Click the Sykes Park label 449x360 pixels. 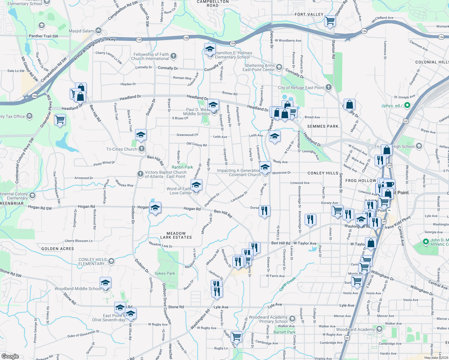pos(164,273)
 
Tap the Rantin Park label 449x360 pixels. pos(182,167)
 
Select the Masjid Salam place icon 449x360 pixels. pos(98,31)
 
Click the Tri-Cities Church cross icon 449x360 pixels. pos(142,149)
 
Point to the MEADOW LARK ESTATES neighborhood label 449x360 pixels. pos(176,235)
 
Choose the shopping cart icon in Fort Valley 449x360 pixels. pos(330,21)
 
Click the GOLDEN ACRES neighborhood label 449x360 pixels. pos(58,249)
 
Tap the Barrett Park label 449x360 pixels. pos(284,332)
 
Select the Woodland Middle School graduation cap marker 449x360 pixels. pos(105,283)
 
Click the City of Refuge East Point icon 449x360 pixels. pos(329,87)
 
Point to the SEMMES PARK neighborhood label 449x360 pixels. pos(323,126)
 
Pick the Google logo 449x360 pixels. pos(10,356)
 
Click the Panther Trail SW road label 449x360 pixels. pos(44,36)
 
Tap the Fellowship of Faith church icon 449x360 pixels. pos(173,56)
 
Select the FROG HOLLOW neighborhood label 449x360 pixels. pos(361,181)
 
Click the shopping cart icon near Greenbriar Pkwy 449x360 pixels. pos(60,120)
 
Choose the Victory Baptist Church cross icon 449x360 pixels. pos(140,174)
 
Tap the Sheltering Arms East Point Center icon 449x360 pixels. pos(279,67)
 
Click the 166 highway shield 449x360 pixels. pos(186,37)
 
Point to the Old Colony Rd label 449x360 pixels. pos(197,144)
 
